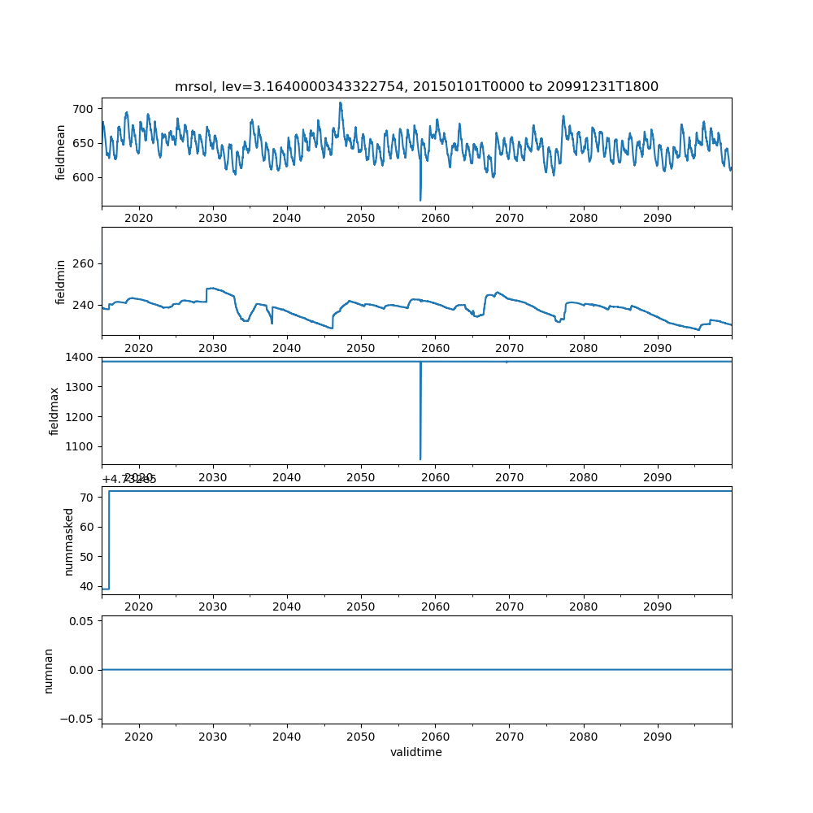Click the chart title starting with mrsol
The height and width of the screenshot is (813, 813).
416,86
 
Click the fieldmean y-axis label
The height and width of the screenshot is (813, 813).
60,152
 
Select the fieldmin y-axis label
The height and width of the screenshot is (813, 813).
60,281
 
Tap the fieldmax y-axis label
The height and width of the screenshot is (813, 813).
54,411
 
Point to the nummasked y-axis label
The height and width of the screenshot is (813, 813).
69,541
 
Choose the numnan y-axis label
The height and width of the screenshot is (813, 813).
49,670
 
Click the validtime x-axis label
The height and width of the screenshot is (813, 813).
416,753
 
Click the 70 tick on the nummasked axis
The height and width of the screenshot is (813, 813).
88,497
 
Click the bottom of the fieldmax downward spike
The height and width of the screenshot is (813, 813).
420,459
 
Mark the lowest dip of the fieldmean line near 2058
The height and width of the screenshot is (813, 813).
420,200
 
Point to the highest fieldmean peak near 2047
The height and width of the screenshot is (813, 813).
341,103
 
